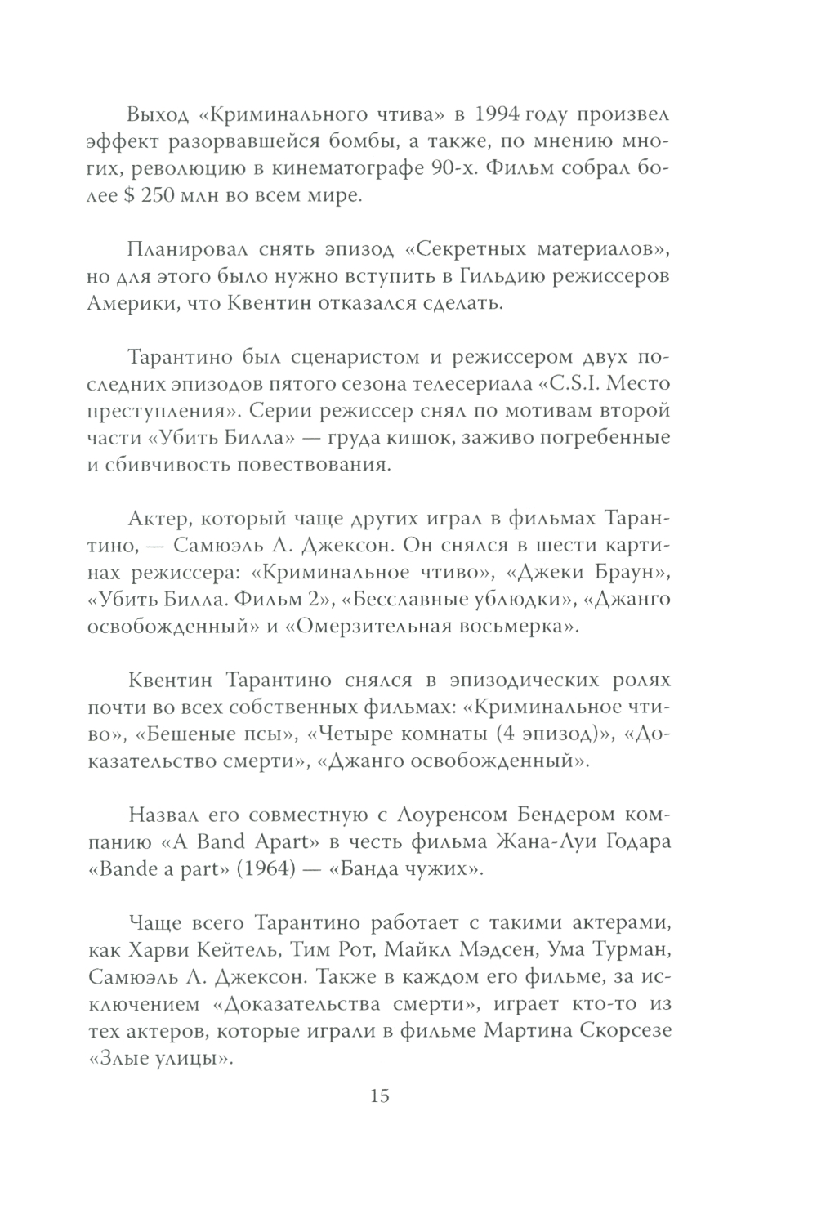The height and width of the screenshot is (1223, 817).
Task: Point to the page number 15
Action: click(x=380, y=1096)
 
